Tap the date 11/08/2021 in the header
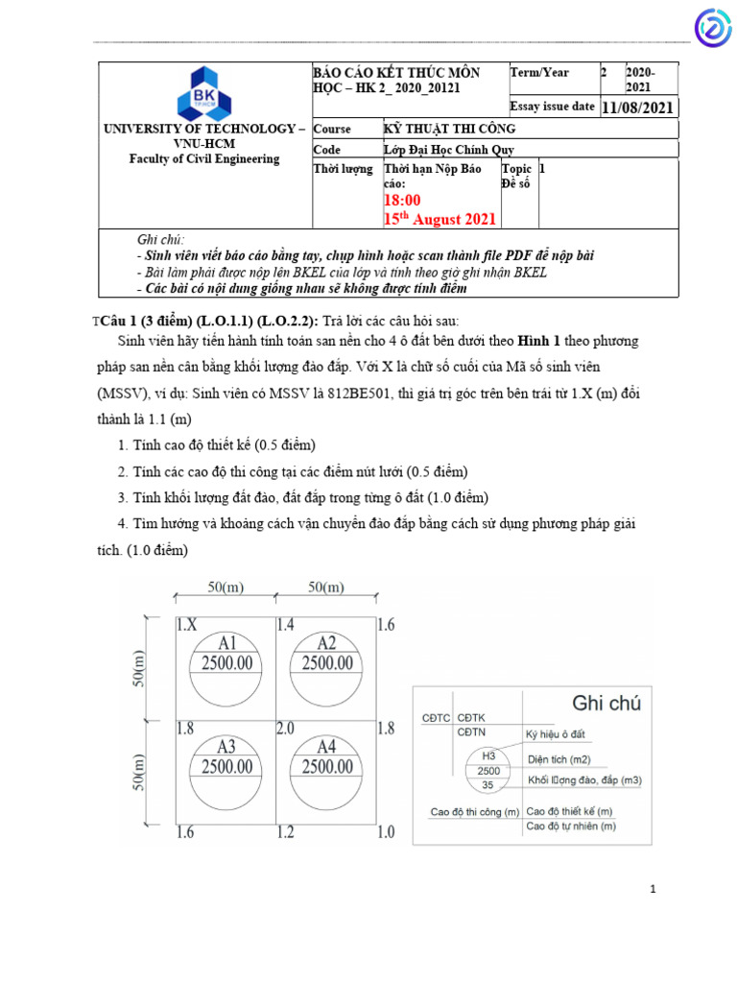tap(638, 108)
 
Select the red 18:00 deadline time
tap(402, 200)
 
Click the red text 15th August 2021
tap(440, 219)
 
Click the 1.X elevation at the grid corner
tap(187, 625)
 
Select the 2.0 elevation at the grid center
tap(286, 729)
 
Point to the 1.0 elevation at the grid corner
tap(385, 832)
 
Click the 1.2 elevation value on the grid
tap(286, 832)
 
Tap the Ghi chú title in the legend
tap(606, 703)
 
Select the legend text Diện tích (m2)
tap(564, 757)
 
